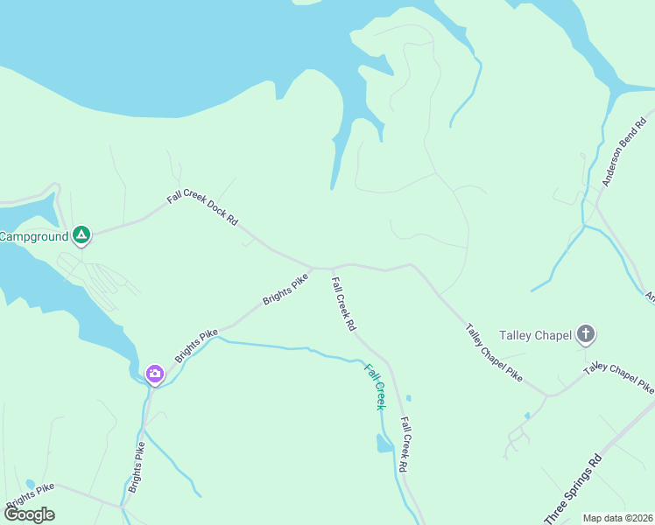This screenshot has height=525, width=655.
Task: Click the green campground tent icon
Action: [x=81, y=234]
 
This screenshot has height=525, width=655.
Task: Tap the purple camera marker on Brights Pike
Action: [x=155, y=374]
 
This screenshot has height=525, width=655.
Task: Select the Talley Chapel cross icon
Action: [x=586, y=333]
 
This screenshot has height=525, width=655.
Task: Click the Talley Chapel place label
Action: [x=535, y=334]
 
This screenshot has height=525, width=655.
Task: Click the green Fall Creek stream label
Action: [x=375, y=386]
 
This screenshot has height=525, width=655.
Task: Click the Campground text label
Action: [x=33, y=236]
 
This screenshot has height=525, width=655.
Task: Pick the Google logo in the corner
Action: [x=29, y=514]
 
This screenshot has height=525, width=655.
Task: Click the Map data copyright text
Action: [x=618, y=518]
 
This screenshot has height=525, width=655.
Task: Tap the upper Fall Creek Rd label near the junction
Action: [x=343, y=304]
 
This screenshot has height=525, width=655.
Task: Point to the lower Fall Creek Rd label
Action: [x=405, y=444]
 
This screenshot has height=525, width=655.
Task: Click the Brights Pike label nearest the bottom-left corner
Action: [x=31, y=494]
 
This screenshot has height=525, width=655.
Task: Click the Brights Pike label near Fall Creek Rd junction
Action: [x=285, y=290]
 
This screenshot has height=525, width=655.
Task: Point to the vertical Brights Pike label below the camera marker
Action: [x=137, y=467]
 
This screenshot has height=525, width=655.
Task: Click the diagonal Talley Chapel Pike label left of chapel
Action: [x=494, y=353]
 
